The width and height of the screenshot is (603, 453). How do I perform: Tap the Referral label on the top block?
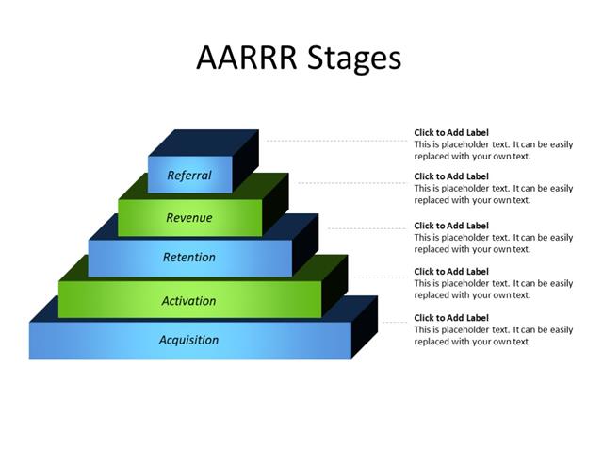click(189, 176)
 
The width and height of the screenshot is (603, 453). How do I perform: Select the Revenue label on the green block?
click(189, 218)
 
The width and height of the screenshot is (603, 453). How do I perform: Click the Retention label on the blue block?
click(189, 258)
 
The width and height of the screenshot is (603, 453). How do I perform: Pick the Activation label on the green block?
click(189, 301)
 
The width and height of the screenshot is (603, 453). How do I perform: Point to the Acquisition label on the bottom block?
click(189, 340)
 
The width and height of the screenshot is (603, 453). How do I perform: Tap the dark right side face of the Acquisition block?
click(365, 327)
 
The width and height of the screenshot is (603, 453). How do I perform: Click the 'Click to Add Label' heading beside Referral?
click(451, 133)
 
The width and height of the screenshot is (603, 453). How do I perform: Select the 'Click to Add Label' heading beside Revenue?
click(451, 176)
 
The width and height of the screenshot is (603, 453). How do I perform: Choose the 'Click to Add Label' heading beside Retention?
click(451, 226)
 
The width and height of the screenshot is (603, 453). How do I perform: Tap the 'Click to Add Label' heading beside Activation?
click(451, 272)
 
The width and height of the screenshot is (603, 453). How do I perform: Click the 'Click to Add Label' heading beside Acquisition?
click(451, 318)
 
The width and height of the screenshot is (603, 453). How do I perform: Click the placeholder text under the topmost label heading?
click(494, 151)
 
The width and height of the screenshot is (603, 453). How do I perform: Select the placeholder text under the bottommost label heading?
click(494, 336)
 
